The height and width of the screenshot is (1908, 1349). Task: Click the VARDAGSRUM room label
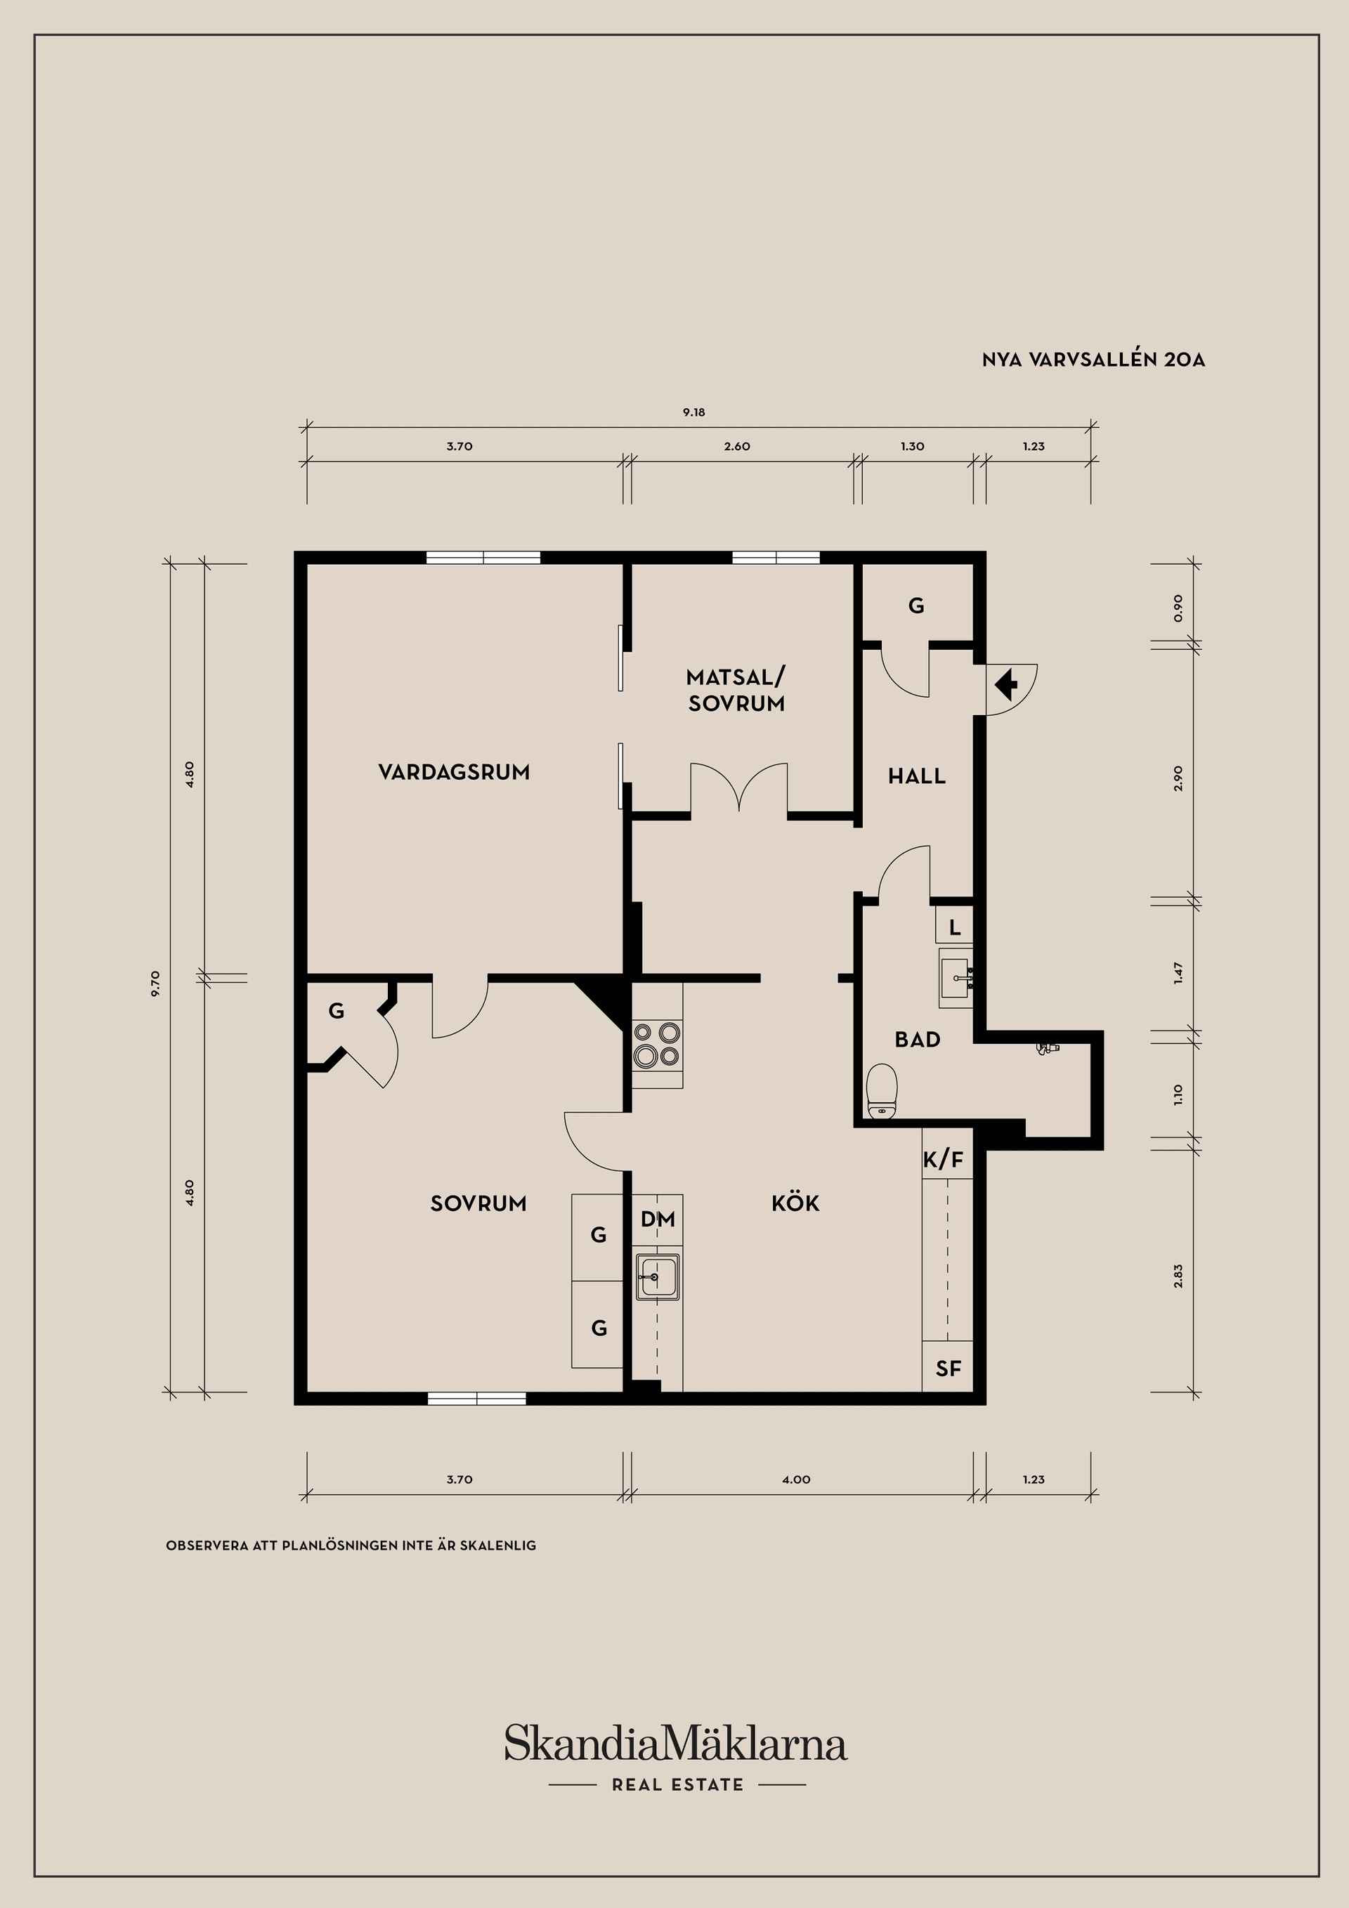click(454, 772)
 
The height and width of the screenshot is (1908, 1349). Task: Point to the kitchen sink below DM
click(658, 1276)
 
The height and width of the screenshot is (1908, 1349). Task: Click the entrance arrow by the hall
click(1007, 686)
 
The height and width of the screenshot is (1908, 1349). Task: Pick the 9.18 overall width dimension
click(694, 412)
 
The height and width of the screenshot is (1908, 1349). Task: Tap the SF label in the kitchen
click(948, 1368)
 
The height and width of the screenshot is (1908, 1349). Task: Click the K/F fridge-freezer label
click(944, 1159)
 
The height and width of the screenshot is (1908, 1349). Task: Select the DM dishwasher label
click(658, 1219)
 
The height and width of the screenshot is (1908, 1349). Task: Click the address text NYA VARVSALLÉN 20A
click(1093, 360)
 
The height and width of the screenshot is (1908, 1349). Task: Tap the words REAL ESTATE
click(677, 1784)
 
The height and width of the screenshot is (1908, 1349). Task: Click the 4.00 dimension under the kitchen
click(796, 1479)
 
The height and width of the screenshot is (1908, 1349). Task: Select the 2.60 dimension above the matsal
click(736, 446)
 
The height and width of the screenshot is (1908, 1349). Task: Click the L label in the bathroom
click(955, 927)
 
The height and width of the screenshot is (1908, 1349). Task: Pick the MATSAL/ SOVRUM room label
click(736, 690)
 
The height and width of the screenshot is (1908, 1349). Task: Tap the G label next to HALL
click(916, 606)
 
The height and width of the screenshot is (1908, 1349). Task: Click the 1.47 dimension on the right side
click(1178, 973)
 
